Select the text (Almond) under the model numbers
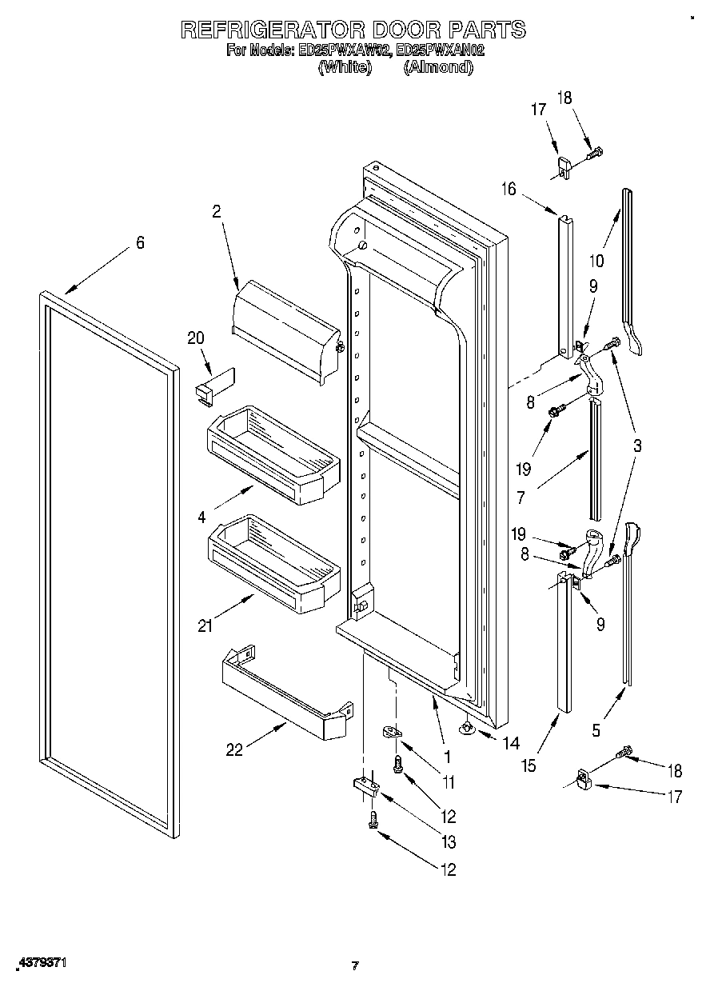pos(438,68)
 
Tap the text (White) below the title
pos(345,68)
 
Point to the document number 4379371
pos(39,963)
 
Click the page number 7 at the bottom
pos(355,965)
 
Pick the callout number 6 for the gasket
pos(140,242)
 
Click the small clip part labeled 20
pos(213,384)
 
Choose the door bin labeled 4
pos(272,456)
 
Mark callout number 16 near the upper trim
pos(509,189)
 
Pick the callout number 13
pos(449,841)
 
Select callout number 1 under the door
pos(447,755)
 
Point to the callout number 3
pos(636,446)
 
